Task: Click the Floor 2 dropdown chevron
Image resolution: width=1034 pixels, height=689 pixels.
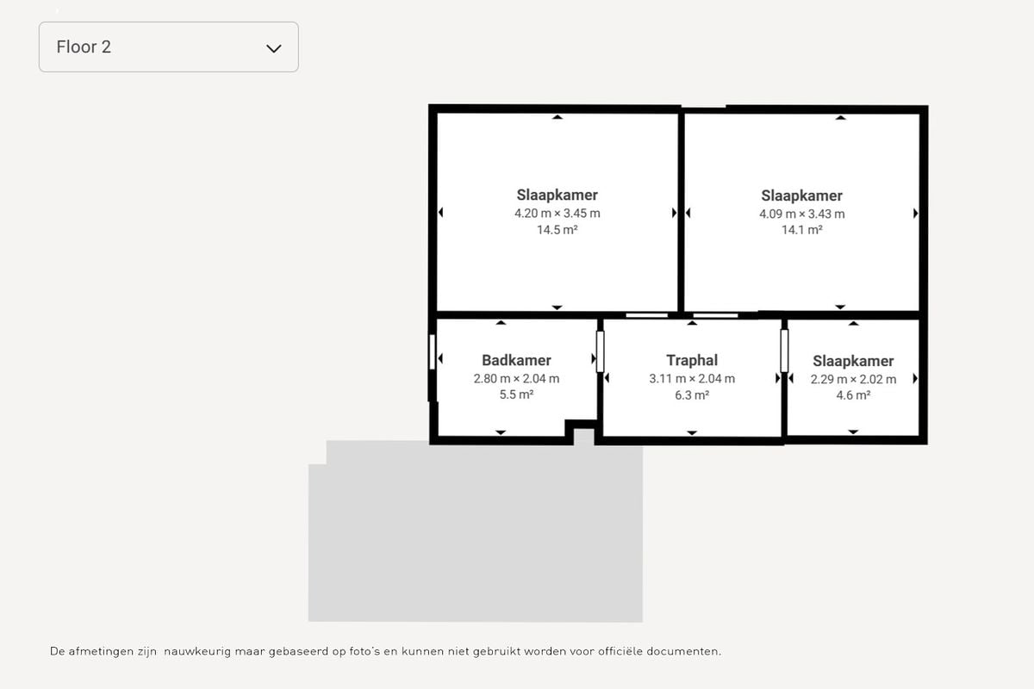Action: (274, 48)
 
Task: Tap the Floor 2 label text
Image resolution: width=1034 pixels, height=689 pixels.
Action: (84, 47)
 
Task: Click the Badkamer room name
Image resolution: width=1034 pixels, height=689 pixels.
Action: (516, 360)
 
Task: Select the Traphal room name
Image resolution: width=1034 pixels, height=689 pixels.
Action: (691, 360)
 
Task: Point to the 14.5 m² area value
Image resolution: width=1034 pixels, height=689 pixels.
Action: (557, 230)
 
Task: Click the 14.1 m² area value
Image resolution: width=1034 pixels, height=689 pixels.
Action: (802, 230)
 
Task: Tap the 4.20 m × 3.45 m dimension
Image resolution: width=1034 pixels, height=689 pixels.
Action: (557, 214)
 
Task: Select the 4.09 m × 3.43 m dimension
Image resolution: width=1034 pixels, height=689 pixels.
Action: (802, 214)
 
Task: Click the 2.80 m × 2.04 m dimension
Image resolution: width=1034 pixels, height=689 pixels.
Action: (516, 379)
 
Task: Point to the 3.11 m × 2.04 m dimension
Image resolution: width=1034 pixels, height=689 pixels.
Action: (691, 379)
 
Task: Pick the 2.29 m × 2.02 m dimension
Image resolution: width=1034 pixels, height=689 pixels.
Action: (853, 379)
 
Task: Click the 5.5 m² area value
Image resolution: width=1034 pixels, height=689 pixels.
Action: (516, 395)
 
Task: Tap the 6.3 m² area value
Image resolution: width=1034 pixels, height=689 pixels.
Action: (691, 395)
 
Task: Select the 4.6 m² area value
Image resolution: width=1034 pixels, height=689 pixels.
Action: (853, 395)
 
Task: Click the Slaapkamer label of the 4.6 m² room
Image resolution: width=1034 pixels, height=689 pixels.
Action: (853, 361)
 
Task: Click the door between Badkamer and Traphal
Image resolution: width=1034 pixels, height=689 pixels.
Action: (600, 351)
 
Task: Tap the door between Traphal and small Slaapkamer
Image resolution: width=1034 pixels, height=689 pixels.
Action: (784, 351)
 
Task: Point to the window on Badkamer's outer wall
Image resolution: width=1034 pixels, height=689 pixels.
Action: (432, 352)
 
